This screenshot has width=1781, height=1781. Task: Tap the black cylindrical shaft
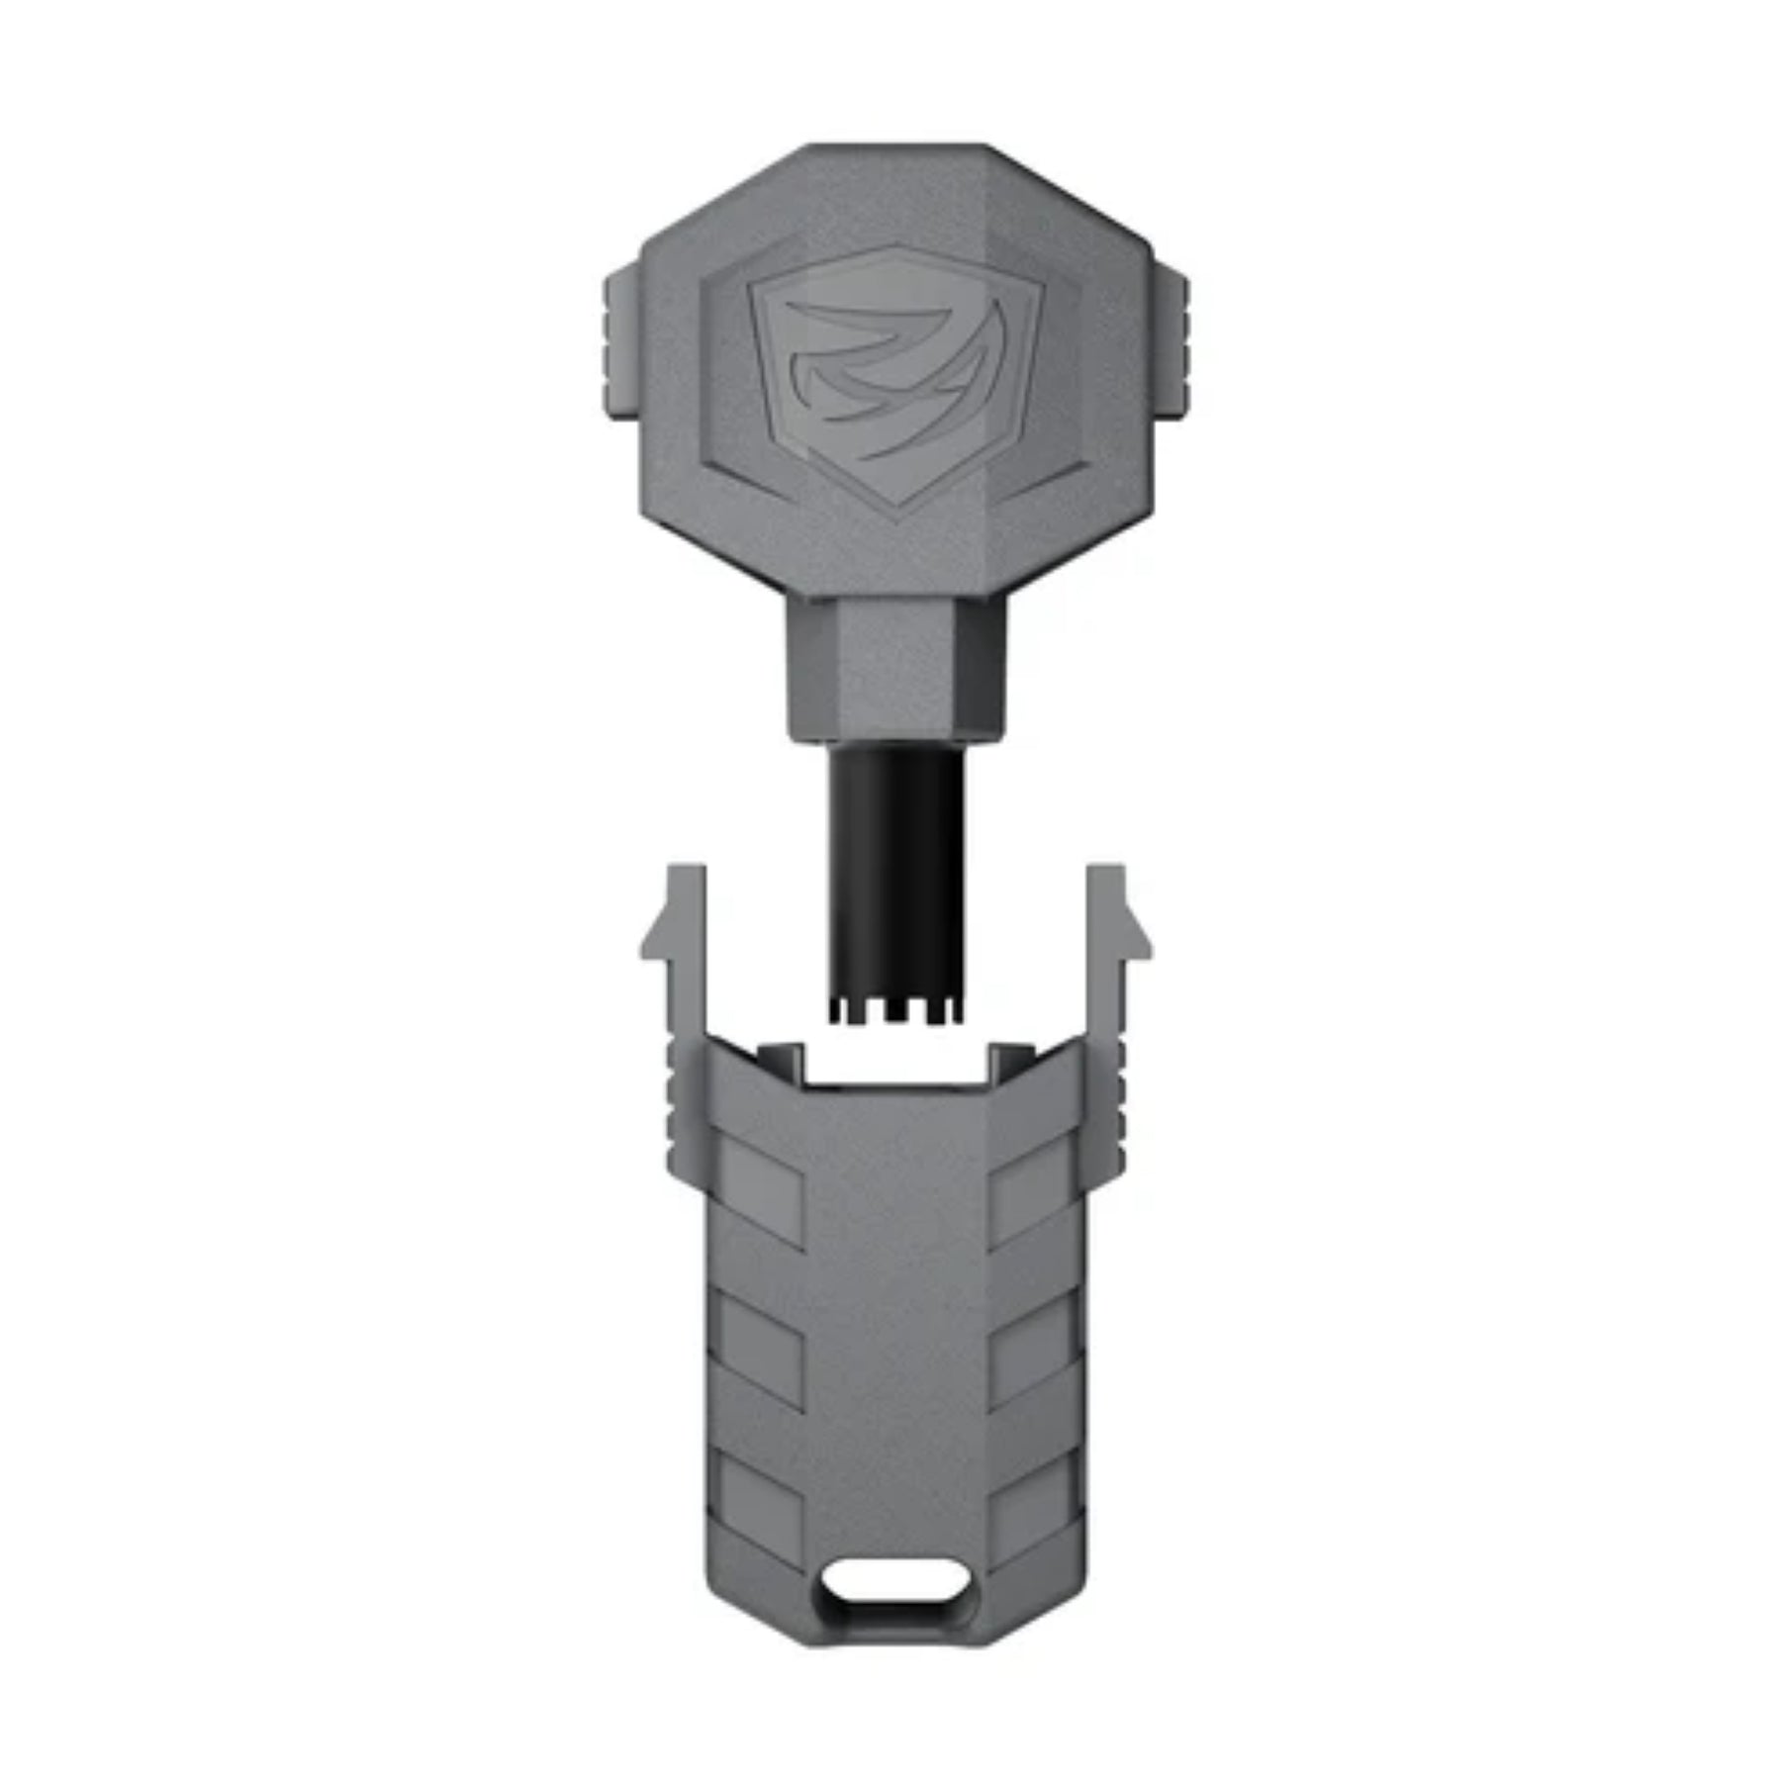coord(895,871)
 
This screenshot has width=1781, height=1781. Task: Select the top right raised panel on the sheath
coord(1034,1197)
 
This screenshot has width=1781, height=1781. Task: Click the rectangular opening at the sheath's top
coord(895,1064)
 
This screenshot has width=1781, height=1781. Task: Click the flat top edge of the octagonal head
coord(895,148)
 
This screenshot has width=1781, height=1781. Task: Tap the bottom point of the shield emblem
coord(896,516)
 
